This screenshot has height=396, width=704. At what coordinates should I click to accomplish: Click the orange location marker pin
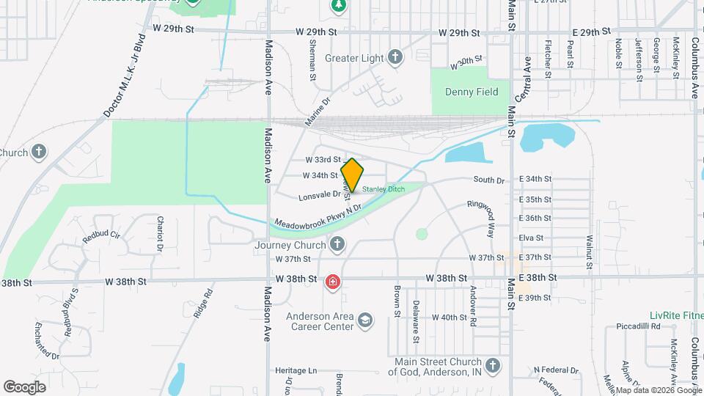click(352, 175)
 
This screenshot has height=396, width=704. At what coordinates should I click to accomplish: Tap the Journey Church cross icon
click(337, 244)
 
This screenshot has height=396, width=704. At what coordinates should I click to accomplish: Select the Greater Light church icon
click(395, 57)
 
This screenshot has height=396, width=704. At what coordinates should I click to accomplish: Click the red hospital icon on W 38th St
click(332, 282)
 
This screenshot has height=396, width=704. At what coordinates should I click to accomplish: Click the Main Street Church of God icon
click(492, 365)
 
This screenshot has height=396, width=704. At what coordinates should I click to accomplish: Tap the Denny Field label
click(472, 92)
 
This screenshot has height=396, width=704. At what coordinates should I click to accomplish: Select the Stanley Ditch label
click(384, 188)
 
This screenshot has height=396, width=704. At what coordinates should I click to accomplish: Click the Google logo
click(25, 386)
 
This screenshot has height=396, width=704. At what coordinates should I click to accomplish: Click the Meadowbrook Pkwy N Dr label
click(319, 216)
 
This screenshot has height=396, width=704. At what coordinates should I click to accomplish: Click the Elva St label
click(530, 238)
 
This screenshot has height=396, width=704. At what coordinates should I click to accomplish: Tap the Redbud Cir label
click(101, 236)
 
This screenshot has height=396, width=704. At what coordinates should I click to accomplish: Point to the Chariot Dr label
click(159, 233)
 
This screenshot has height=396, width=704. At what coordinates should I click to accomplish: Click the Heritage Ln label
click(296, 371)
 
